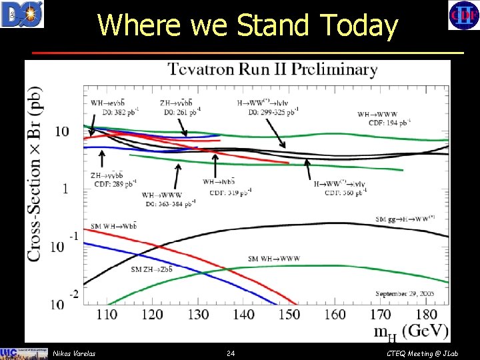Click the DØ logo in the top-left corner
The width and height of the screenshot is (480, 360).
pyautogui.click(x=22, y=14)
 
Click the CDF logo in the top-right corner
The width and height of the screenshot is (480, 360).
pyautogui.click(x=462, y=15)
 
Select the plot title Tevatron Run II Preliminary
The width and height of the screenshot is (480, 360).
pyautogui.click(x=272, y=69)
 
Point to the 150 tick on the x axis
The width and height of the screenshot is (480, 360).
pyautogui.click(x=289, y=314)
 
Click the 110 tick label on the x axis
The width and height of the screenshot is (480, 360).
pyautogui.click(x=107, y=314)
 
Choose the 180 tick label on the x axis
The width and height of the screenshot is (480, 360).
pyautogui.click(x=426, y=314)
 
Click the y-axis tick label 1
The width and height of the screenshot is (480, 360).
pyautogui.click(x=65, y=189)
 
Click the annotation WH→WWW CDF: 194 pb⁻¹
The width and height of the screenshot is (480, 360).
pyautogui.click(x=384, y=118)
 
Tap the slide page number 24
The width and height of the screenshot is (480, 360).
pyautogui.click(x=231, y=353)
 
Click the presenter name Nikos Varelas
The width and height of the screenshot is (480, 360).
pyautogui.click(x=73, y=353)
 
